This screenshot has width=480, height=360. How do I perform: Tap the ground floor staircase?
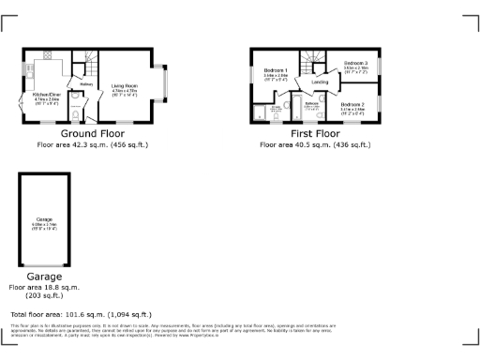pyautogui.click(x=85, y=58)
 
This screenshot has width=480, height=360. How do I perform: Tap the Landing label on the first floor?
pyautogui.click(x=320, y=82)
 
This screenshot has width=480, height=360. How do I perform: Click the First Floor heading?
pyautogui.click(x=315, y=134)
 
